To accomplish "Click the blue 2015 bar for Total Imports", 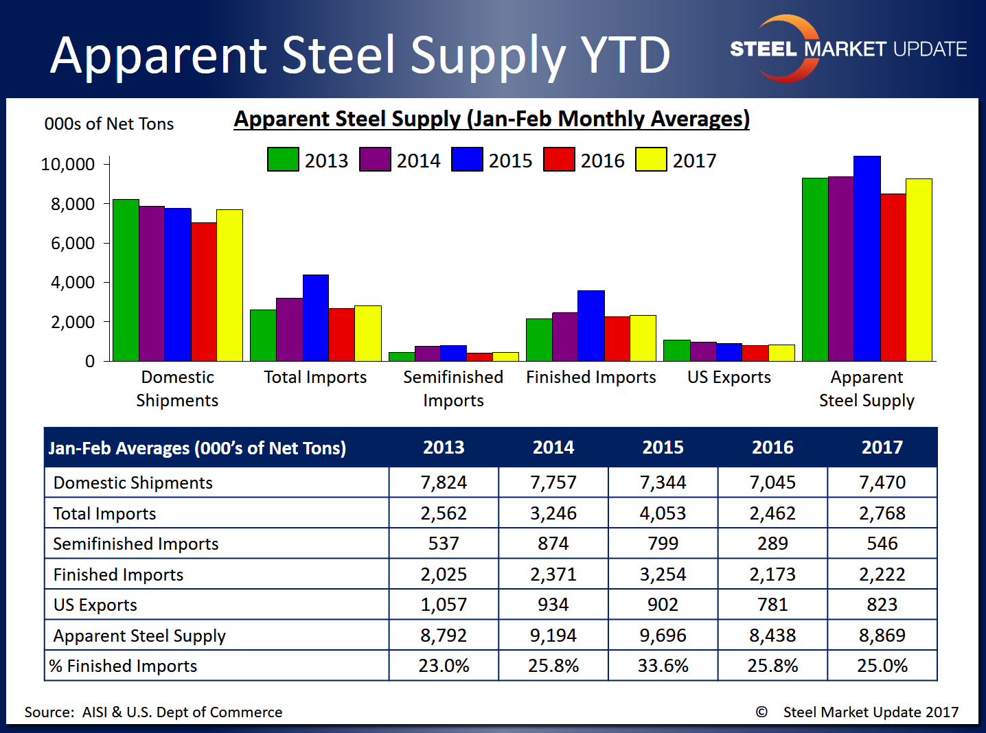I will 316,318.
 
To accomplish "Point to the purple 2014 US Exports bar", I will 703,351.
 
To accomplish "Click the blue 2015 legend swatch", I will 467,159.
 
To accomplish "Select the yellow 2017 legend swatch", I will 651,159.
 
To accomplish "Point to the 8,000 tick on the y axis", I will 73,204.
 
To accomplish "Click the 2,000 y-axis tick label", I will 73,322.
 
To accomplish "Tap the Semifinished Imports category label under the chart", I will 453,388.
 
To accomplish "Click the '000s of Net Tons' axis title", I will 109,124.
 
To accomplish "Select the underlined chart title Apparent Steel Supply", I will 492,119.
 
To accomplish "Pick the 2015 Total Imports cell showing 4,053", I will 663,513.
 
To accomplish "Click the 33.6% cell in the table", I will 663,666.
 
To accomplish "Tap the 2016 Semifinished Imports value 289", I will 772,544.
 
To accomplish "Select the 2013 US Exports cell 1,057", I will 444,605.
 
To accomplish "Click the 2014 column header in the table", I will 553,447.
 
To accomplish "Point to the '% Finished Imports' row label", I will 124,666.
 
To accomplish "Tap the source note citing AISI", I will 153,712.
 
